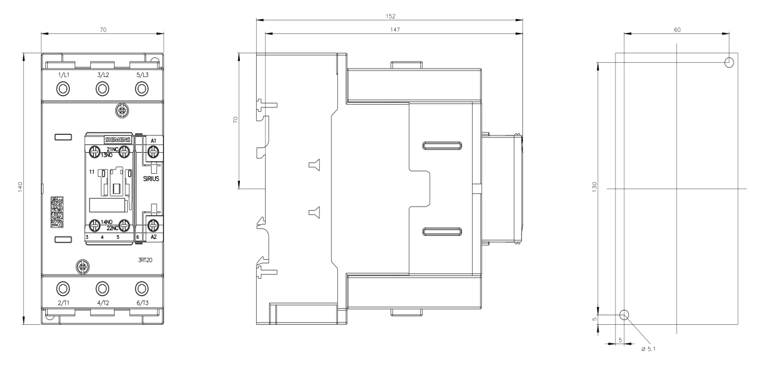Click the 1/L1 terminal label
[x=63, y=75]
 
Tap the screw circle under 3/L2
[x=102, y=90]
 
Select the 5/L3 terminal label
[x=142, y=75]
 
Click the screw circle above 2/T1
[x=63, y=288]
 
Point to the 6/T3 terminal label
[x=142, y=303]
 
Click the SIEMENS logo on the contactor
[x=118, y=140]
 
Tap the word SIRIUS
[x=151, y=179]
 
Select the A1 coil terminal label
[x=153, y=140]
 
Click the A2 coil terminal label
[x=153, y=236]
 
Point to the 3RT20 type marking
[x=145, y=260]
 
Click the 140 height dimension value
[x=20, y=187]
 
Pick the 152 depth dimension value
[x=390, y=16]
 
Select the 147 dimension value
[x=395, y=30]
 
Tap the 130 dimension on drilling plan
[x=594, y=187]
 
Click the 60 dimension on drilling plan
[x=677, y=30]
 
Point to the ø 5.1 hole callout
[x=648, y=349]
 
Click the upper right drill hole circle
[x=729, y=63]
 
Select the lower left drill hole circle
[x=624, y=315]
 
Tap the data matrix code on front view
[x=57, y=212]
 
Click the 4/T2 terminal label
[x=103, y=303]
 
